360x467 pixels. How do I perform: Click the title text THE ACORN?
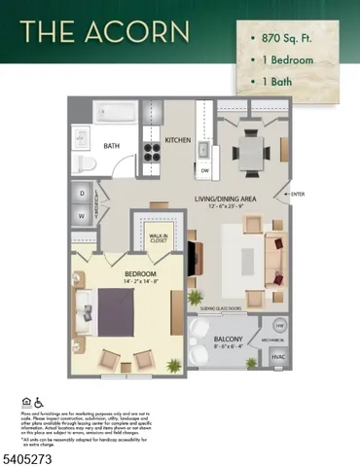(x=107, y=32)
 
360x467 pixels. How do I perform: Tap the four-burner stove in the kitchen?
(x=153, y=151)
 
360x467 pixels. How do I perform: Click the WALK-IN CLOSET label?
(x=160, y=236)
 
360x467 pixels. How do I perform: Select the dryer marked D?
(x=82, y=193)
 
